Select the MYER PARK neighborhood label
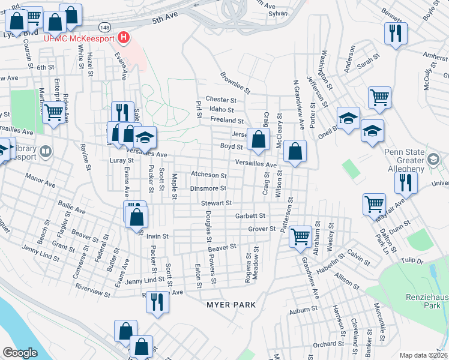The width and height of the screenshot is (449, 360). tap(231, 304)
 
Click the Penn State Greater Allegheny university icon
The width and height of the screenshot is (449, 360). tap(434, 160)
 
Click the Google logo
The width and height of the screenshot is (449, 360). tap(20, 353)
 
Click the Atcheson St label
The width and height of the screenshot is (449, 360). tap(208, 176)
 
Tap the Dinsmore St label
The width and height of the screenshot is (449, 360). tap(208, 188)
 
